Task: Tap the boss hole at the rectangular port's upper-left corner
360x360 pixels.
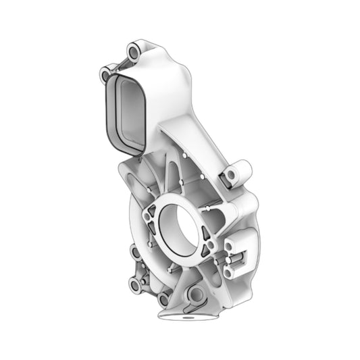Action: [105, 73]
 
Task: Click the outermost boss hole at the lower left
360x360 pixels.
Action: [134, 286]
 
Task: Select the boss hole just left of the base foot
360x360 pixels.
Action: [163, 299]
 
